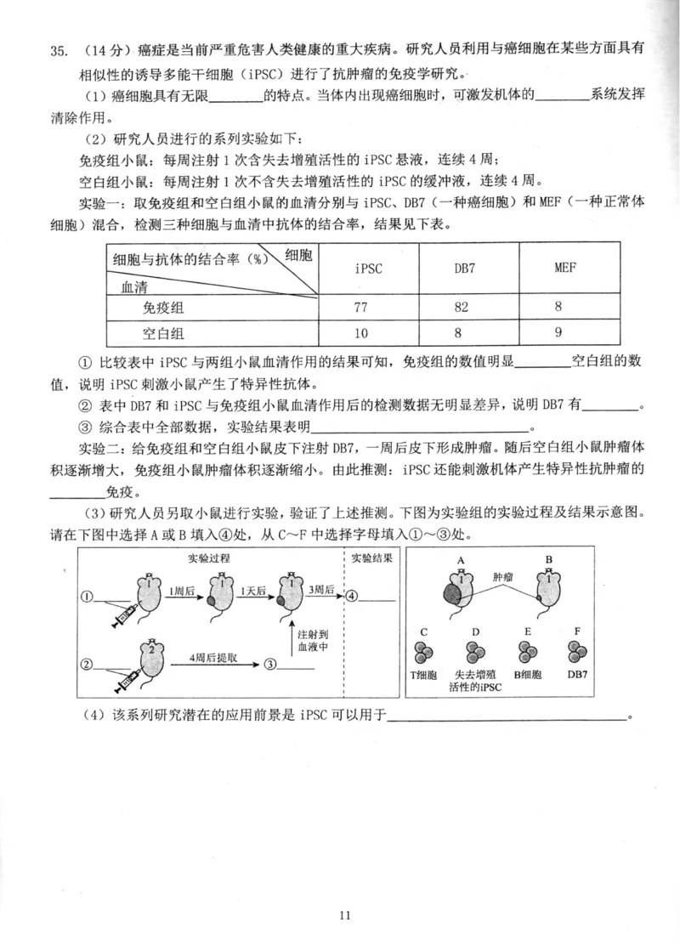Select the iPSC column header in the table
(367, 269)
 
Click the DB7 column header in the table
(464, 269)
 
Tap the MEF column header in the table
(565, 269)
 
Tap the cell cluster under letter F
(578, 653)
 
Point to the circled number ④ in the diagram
(351, 595)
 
